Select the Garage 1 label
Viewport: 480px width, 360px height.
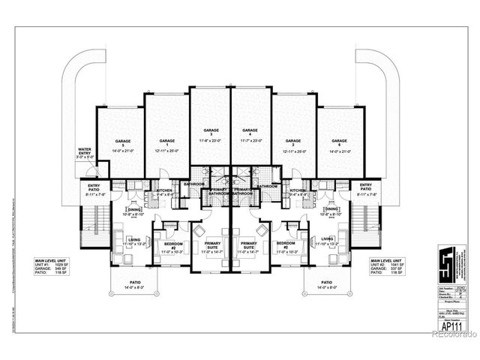[x=167, y=142]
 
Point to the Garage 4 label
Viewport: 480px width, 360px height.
[x=250, y=130]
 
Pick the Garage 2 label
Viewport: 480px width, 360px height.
[x=293, y=142]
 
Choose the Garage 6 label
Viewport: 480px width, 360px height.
[x=339, y=142]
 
